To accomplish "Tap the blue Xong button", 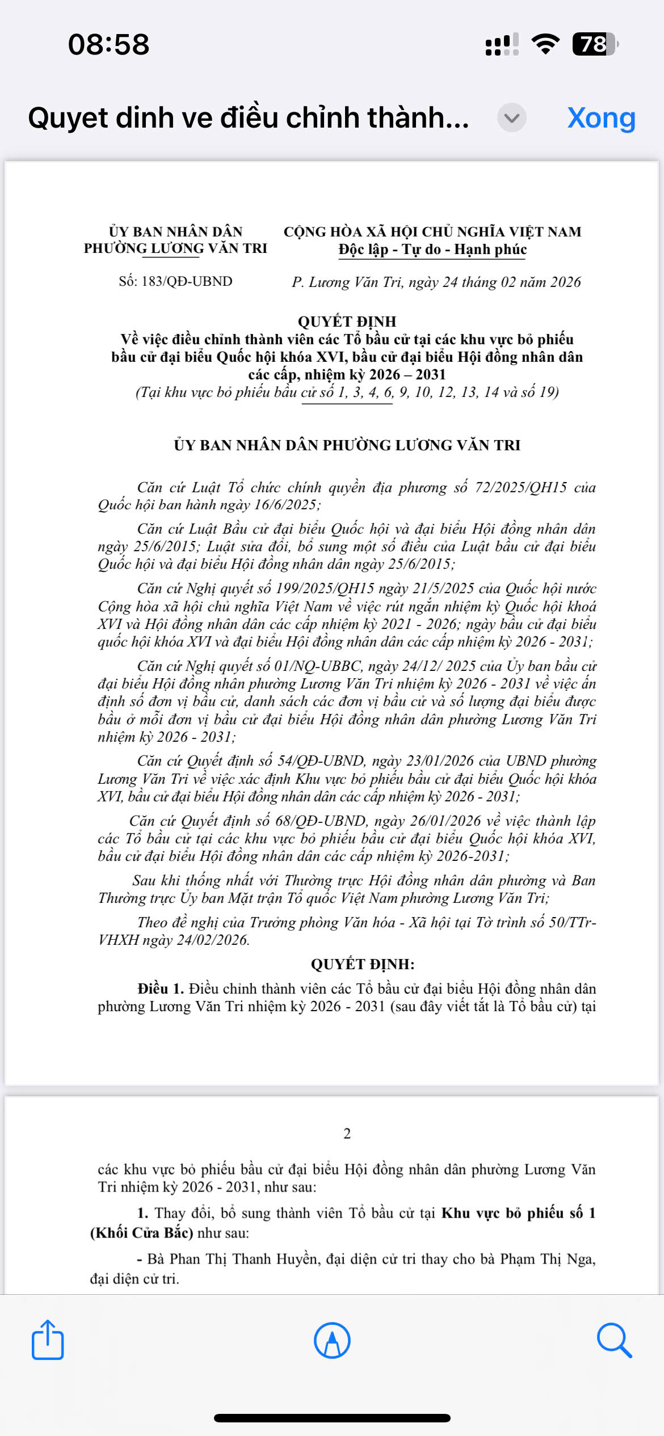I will point(601,118).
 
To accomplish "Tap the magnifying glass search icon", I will point(614,1340).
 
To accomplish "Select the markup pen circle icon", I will point(332,1340).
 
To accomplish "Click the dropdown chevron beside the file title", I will point(511,118).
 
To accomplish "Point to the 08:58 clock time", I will point(108,44).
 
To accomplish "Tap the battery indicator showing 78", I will point(594,44).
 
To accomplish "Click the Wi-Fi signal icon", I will point(545,44).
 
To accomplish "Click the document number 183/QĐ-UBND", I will point(187,281).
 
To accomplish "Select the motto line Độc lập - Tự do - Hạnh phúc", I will point(432,250).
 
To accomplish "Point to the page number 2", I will point(347,1133).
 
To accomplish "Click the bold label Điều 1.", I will point(161,989).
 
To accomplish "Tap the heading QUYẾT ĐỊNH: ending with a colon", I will point(363,964).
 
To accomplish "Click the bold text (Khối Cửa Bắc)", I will point(142,1233).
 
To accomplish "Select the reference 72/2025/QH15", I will point(520,487).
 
